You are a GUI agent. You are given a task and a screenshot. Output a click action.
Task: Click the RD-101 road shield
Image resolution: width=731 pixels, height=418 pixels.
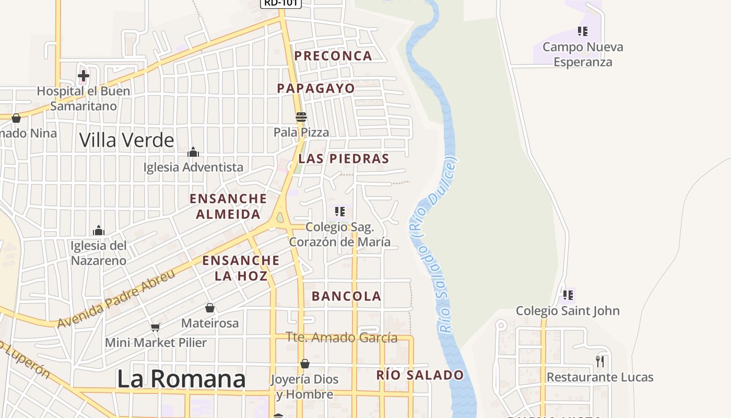click(281, 3)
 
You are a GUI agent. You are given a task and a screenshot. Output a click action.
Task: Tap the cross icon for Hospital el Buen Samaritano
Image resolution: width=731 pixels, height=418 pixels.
click(83, 76)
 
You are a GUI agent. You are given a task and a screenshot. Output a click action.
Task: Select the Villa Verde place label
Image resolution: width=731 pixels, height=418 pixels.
click(127, 140)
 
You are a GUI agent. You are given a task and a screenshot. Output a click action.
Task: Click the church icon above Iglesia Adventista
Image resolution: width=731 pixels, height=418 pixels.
click(193, 152)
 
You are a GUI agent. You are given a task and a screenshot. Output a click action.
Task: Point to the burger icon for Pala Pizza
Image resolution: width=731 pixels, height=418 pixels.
click(301, 117)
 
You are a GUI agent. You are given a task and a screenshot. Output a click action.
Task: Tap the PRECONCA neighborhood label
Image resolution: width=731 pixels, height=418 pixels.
click(333, 56)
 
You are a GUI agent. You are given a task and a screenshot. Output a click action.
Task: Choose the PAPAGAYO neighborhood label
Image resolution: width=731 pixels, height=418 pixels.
click(316, 88)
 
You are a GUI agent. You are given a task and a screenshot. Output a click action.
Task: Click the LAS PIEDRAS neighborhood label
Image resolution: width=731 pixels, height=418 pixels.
click(344, 159)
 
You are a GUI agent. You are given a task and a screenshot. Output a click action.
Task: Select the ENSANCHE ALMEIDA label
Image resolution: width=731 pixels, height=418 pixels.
click(228, 206)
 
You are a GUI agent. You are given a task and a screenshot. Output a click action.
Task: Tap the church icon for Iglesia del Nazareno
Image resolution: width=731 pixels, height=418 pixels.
click(99, 230)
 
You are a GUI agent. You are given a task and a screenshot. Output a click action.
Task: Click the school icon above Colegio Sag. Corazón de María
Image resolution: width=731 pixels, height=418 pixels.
click(340, 212)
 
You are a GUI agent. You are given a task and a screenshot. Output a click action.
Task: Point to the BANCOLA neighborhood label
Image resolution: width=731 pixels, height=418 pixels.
click(346, 296)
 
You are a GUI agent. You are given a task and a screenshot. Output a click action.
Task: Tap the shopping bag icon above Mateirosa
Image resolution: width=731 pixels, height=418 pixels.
click(210, 308)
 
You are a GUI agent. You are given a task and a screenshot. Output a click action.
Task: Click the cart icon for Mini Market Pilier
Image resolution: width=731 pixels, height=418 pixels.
click(155, 328)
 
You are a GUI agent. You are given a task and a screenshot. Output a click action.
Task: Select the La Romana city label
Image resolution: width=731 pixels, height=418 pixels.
click(181, 379)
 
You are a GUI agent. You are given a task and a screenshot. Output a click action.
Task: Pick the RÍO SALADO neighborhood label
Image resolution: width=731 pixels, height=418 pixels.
click(420, 375)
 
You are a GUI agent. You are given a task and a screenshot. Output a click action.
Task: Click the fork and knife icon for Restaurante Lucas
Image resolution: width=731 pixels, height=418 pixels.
click(600, 361)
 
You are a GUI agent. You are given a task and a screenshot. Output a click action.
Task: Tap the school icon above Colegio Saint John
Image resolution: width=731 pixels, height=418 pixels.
click(568, 295)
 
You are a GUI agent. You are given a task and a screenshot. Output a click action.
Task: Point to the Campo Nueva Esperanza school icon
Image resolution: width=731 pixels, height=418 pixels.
click(583, 31)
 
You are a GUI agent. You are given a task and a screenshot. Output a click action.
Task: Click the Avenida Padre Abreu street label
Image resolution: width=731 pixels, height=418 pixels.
click(116, 299)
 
